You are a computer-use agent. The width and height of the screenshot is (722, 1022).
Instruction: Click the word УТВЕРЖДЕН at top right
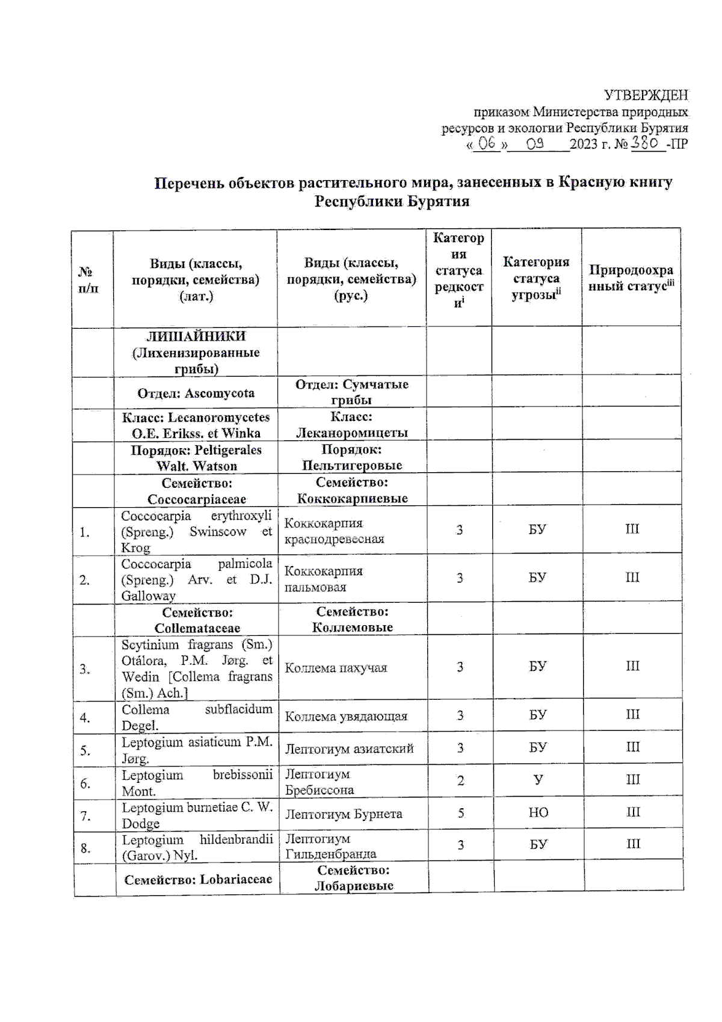(x=646, y=96)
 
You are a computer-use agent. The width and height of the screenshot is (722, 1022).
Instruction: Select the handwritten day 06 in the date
(x=486, y=144)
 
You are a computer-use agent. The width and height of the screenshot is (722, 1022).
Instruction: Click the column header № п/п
(x=88, y=280)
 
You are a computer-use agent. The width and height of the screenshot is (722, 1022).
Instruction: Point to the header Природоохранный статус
(x=631, y=278)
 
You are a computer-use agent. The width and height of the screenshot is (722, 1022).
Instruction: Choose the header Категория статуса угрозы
(x=536, y=278)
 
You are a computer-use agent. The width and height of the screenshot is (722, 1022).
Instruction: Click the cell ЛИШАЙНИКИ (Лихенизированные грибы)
(x=196, y=352)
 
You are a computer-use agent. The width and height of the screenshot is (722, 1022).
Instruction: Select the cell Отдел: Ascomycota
(x=196, y=393)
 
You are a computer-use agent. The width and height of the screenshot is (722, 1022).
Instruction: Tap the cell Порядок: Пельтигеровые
(x=352, y=458)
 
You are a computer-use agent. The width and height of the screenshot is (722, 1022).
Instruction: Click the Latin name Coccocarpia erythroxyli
(x=196, y=516)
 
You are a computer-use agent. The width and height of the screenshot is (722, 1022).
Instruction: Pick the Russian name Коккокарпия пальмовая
(x=324, y=579)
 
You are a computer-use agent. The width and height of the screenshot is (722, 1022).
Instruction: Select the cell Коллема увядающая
(x=346, y=716)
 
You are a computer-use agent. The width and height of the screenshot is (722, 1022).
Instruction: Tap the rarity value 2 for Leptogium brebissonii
(x=460, y=781)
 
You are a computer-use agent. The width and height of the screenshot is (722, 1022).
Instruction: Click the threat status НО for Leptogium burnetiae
(x=538, y=813)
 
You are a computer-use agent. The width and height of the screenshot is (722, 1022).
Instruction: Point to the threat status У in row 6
(x=538, y=780)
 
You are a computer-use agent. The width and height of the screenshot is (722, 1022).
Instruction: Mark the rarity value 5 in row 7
(x=460, y=813)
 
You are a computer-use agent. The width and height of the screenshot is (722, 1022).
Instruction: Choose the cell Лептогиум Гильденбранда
(x=330, y=846)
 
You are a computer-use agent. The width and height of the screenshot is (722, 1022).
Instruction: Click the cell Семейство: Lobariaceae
(x=198, y=879)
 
